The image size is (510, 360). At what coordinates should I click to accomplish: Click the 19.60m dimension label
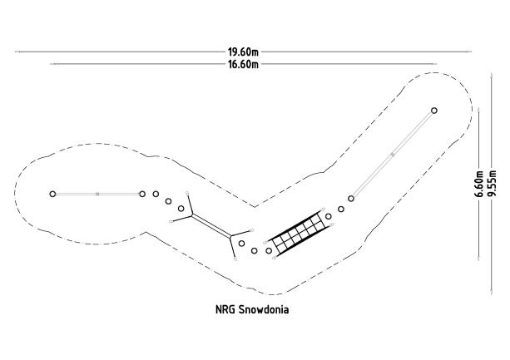click(243, 52)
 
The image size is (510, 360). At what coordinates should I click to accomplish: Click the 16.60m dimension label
click(243, 64)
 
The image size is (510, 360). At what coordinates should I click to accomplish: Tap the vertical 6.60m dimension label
click(479, 184)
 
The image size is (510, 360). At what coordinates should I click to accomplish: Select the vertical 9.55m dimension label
click(492, 184)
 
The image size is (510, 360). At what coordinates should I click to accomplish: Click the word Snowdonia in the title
click(264, 309)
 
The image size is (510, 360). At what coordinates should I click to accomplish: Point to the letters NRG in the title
click(225, 309)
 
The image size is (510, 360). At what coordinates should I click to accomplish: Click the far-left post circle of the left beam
click(52, 194)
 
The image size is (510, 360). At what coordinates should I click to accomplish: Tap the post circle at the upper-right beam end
click(434, 111)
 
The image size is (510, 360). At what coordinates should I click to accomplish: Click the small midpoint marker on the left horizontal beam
click(97, 194)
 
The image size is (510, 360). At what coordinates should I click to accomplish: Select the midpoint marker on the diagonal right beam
click(393, 155)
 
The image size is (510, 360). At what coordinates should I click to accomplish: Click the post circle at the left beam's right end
click(142, 194)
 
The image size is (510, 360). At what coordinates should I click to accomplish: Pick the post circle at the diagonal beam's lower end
click(351, 199)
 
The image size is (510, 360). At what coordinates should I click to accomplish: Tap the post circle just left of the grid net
click(269, 250)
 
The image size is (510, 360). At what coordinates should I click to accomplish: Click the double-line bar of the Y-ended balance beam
click(211, 225)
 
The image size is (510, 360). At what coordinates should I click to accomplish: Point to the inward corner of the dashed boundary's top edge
click(255, 207)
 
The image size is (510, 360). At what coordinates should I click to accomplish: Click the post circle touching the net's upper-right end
click(329, 216)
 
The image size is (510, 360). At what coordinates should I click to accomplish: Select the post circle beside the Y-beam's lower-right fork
click(241, 244)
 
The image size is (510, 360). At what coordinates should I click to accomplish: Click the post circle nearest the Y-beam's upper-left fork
click(181, 209)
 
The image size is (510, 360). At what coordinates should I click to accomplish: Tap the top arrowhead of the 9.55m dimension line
click(492, 75)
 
